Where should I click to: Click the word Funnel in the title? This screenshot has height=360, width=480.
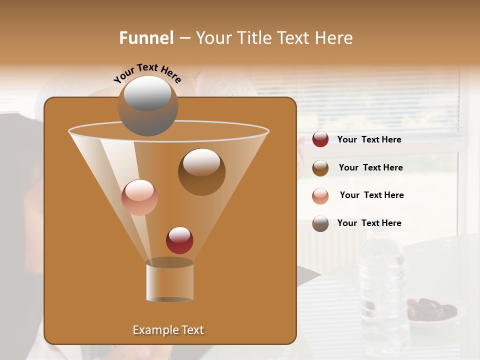(146, 37)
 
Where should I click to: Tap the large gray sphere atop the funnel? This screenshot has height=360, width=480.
(147, 105)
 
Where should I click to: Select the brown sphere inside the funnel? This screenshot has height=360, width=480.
(201, 171)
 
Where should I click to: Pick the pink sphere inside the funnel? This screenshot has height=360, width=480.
(139, 197)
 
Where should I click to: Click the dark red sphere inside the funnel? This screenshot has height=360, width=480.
(179, 240)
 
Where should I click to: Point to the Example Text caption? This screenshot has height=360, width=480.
(168, 329)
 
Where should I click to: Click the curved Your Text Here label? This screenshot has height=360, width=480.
(147, 72)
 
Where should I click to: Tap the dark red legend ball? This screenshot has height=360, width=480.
(320, 139)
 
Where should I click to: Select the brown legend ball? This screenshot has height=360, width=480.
(320, 167)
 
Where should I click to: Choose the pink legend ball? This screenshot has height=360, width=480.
(320, 195)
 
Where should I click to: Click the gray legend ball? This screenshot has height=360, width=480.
(320, 223)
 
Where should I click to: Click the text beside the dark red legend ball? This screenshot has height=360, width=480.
(369, 139)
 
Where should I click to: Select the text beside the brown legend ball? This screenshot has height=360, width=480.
(370, 167)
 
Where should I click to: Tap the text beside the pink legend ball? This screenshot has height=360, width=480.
(371, 195)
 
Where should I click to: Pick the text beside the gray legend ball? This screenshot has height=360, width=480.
(369, 223)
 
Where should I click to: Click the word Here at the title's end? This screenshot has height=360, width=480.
(334, 37)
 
